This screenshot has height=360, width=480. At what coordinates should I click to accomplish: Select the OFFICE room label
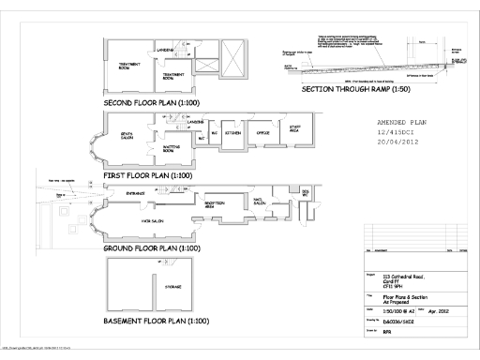pos(263,134)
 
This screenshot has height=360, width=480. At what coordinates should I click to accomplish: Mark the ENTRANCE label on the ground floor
pos(138,192)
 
